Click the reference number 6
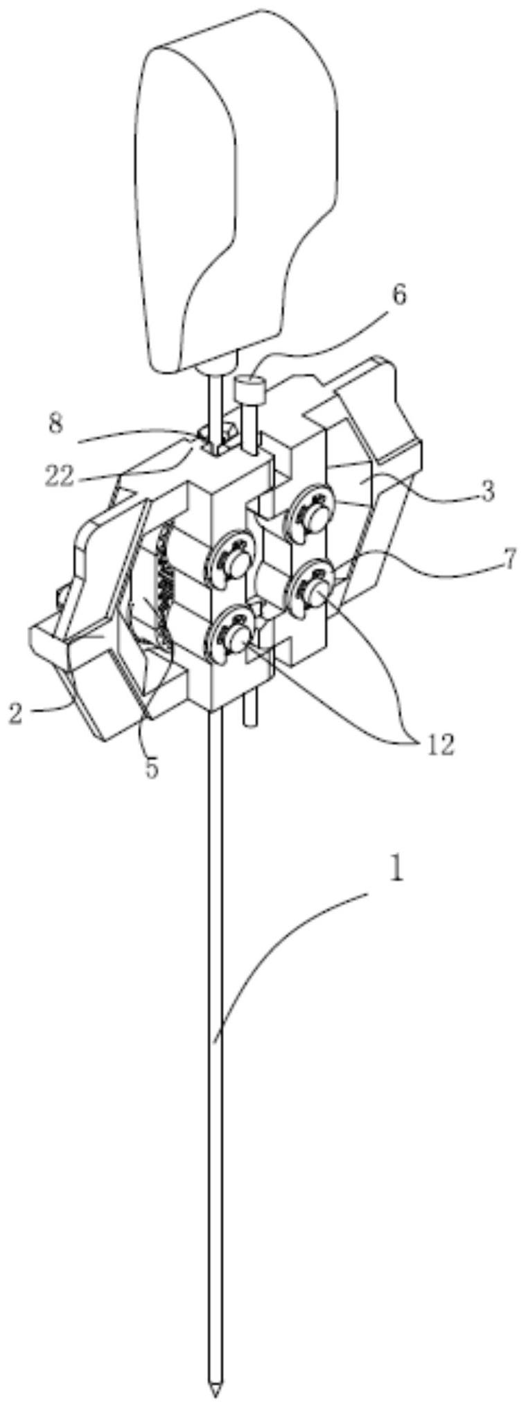point(398,294)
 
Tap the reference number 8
point(56,424)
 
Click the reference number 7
point(509,559)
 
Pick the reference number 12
point(439,745)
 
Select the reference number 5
point(151,767)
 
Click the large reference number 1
point(396,870)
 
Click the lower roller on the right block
point(312,587)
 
